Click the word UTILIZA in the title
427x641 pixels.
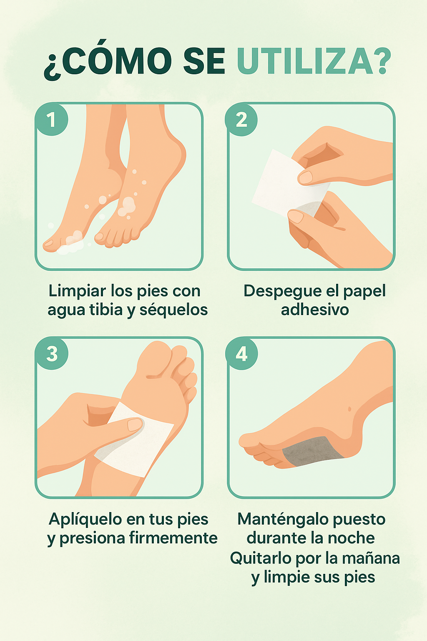point(305,61)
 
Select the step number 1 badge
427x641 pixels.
point(52,119)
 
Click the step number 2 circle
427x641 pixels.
point(241,120)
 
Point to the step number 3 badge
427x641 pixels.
point(52,354)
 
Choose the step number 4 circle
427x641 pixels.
point(242,354)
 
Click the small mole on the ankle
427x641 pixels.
point(349,409)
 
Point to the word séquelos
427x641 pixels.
point(173,310)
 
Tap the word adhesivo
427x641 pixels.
point(314,310)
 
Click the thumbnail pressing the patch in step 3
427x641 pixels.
point(135,425)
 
